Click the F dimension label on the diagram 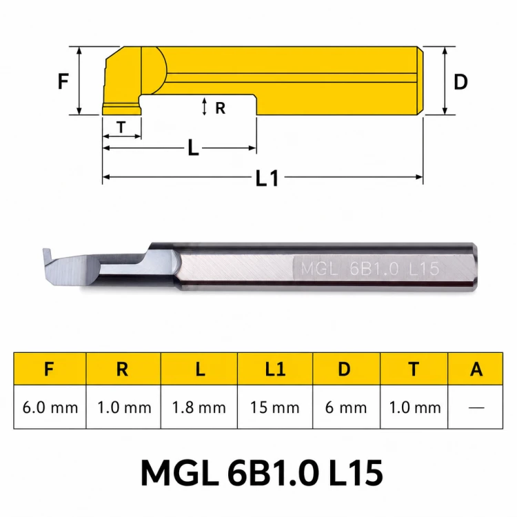coord(63,81)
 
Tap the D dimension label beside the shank coord(460,82)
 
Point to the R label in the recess coord(221,108)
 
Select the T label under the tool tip coord(121,127)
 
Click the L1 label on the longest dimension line coord(267,179)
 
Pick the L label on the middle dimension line coord(193,148)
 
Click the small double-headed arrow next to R coord(205,106)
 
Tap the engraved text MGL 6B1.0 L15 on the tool coord(370,269)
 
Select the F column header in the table coord(50,369)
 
